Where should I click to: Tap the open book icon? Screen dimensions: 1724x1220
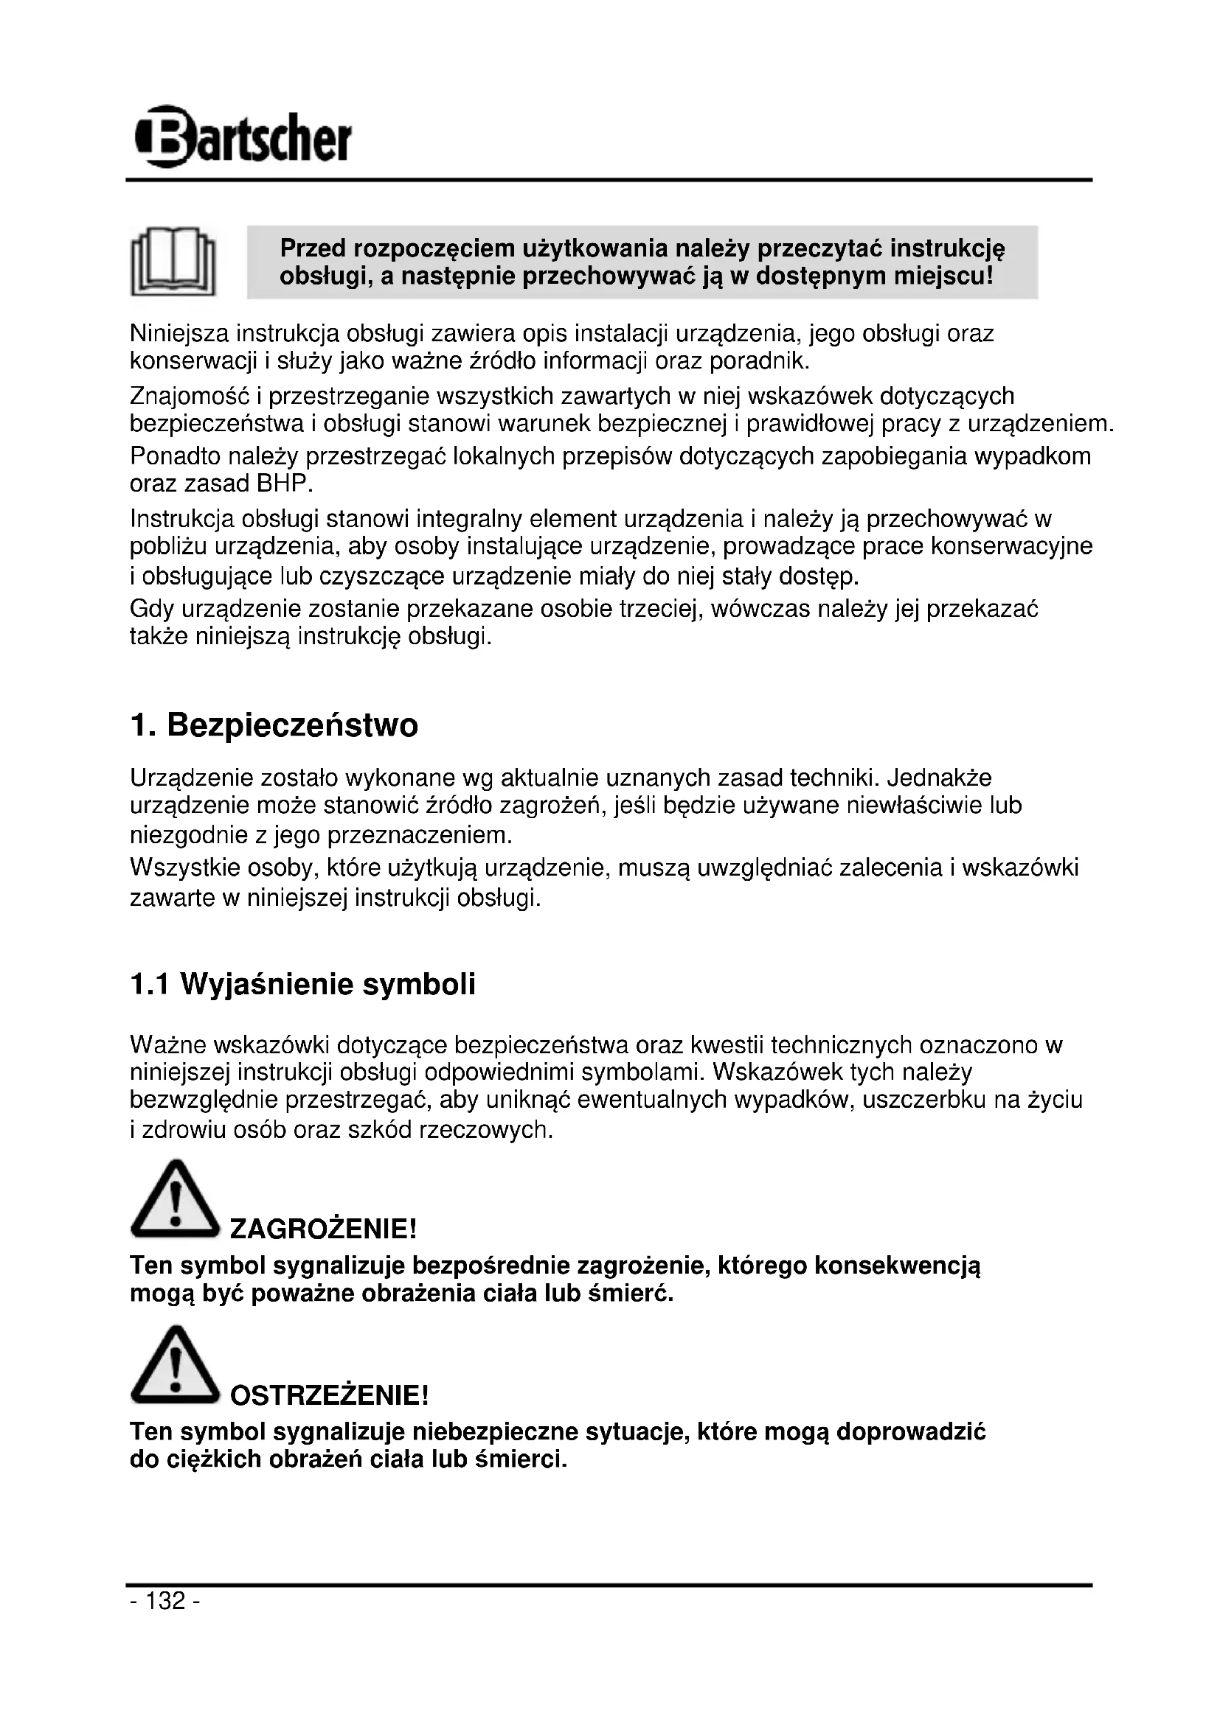pos(173,262)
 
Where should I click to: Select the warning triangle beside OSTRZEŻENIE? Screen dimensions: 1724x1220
pos(174,1367)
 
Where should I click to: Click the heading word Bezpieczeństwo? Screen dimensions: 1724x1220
pos(292,726)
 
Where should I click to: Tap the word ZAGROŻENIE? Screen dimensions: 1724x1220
pos(322,1230)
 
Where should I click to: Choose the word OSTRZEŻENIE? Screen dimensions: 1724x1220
pos(329,1396)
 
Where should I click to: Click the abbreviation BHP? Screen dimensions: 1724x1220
pos(284,484)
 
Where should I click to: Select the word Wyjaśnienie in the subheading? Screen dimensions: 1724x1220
pos(266,985)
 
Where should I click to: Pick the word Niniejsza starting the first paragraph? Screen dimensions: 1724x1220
pos(179,333)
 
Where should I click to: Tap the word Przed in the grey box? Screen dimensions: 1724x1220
pos(313,248)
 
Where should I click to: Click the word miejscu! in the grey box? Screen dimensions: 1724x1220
pos(944,276)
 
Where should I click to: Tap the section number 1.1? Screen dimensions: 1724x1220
pos(149,985)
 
